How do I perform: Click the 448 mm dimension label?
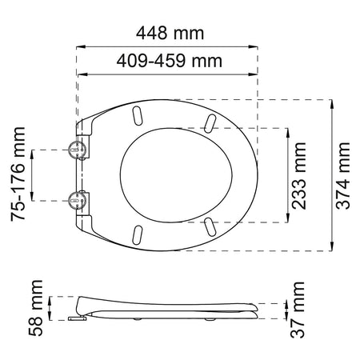[x=170, y=34]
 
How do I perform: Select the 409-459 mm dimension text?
[x=170, y=61]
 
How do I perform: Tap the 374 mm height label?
[x=342, y=176]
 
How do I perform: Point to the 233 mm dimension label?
[x=298, y=176]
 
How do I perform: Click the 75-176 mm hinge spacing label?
[x=18, y=174]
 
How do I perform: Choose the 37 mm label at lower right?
[x=298, y=310]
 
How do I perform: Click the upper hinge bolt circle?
[x=77, y=149]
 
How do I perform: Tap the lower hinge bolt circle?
[x=77, y=200]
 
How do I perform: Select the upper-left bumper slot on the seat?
[x=137, y=115]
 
